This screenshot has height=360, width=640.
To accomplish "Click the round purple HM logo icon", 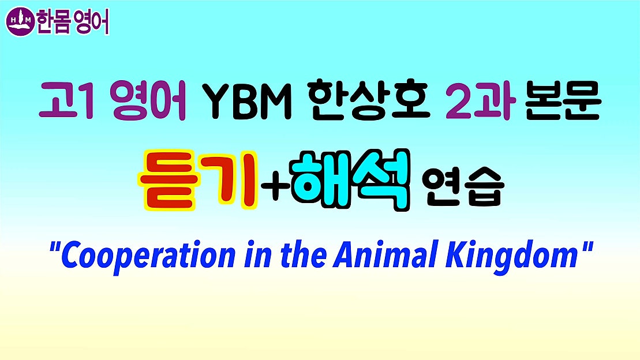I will click(x=20, y=21).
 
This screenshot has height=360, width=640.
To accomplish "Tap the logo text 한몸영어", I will click(x=72, y=22).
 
